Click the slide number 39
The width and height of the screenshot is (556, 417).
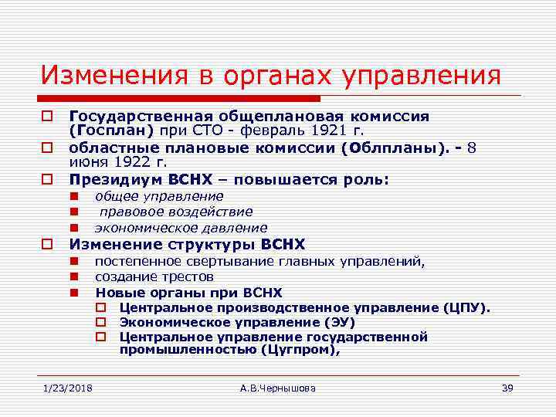[x=507, y=388]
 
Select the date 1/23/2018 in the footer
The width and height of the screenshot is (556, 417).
[x=67, y=388]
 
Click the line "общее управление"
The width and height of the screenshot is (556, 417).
[x=159, y=196]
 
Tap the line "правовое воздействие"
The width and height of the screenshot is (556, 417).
[x=175, y=212]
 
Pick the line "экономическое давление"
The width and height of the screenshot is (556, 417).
[x=181, y=228]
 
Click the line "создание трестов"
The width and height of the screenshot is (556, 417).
[x=154, y=276]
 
